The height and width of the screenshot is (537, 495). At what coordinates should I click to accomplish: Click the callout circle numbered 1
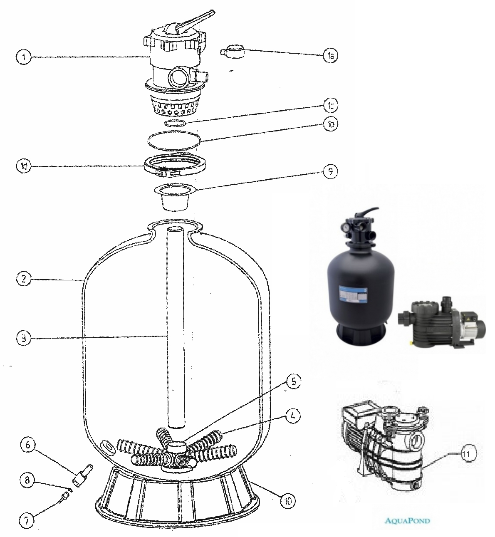point(24,57)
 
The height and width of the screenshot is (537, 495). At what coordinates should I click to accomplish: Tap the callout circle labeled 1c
point(331,106)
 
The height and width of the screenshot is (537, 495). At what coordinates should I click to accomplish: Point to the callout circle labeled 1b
point(331,124)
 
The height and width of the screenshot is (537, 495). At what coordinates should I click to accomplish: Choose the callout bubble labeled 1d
point(24,167)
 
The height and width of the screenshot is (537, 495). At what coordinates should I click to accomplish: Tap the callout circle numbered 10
point(288,501)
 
